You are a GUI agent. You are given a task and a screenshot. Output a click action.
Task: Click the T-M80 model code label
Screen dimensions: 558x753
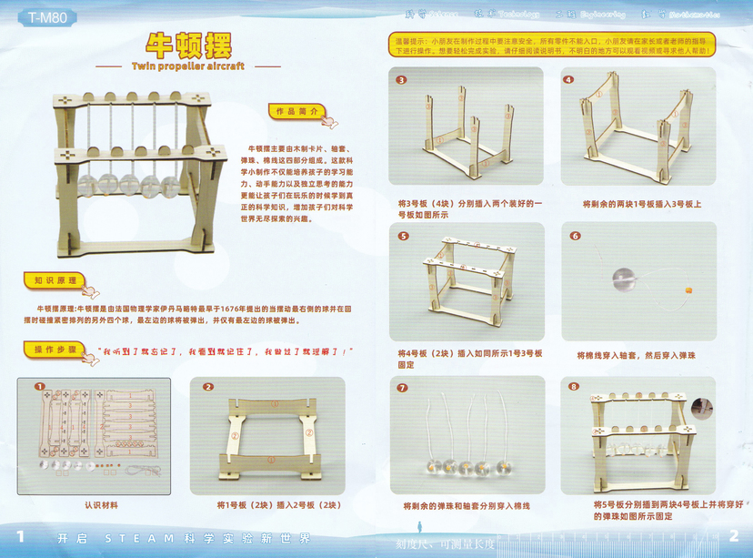(x=35, y=16)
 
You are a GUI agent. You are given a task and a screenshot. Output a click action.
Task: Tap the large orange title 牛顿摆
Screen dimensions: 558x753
(x=188, y=45)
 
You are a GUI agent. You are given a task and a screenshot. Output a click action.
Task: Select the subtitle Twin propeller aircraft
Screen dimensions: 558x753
(x=188, y=66)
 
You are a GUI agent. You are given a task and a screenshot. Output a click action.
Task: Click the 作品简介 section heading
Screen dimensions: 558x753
(x=296, y=110)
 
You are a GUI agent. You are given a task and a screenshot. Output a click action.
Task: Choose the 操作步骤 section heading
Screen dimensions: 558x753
(x=50, y=350)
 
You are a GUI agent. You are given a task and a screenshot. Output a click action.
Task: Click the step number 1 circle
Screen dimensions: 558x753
(x=40, y=386)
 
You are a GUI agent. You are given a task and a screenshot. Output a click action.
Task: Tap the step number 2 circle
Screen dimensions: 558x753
(x=208, y=386)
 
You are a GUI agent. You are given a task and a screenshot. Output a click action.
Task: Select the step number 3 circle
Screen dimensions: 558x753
(x=401, y=79)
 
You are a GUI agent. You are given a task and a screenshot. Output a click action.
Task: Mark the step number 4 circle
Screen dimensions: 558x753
(x=569, y=79)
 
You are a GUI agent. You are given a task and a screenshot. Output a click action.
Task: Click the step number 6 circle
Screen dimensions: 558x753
(x=575, y=235)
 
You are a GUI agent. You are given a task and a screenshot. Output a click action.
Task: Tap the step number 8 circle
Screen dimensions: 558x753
(x=574, y=387)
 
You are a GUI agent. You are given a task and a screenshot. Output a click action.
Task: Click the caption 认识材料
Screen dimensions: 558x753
(x=102, y=503)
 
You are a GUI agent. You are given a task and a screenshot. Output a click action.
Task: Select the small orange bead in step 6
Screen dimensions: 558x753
(x=688, y=290)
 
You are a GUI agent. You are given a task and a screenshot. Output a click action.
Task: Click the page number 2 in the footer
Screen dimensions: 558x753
(x=732, y=536)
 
